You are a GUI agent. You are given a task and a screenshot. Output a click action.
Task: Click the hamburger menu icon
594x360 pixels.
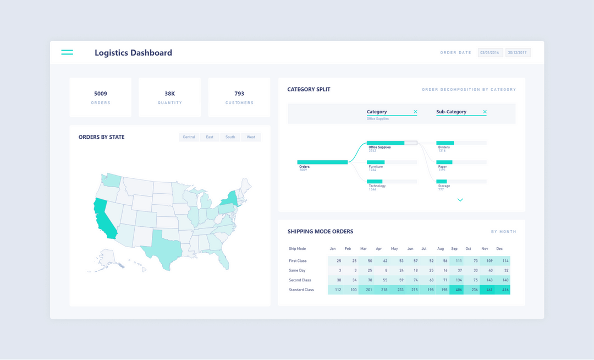(x=67, y=52)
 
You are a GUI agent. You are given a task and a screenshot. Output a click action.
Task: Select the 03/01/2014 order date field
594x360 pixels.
(x=490, y=53)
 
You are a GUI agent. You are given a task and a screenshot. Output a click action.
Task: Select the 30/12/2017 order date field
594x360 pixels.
(x=518, y=53)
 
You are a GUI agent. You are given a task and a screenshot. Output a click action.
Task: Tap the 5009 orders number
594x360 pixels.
(x=101, y=94)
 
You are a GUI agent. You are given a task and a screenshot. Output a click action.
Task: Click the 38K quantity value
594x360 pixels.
(x=169, y=94)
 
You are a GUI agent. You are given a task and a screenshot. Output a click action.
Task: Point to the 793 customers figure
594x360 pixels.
(x=239, y=94)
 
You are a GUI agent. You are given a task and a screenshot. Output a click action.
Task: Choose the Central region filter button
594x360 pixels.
(x=189, y=137)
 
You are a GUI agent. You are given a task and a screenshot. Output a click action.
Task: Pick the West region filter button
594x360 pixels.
(x=251, y=137)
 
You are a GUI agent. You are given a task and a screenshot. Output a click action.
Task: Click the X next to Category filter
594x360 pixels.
(x=415, y=112)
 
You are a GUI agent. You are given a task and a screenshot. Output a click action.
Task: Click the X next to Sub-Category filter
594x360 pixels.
(x=485, y=112)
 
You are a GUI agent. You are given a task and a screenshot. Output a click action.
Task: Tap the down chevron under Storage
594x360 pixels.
(x=460, y=200)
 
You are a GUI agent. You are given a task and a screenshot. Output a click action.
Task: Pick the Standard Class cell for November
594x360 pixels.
(x=487, y=290)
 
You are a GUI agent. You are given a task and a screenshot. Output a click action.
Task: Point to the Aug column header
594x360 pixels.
(x=441, y=249)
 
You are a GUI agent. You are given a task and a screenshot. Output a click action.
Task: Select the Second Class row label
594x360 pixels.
(x=300, y=280)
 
